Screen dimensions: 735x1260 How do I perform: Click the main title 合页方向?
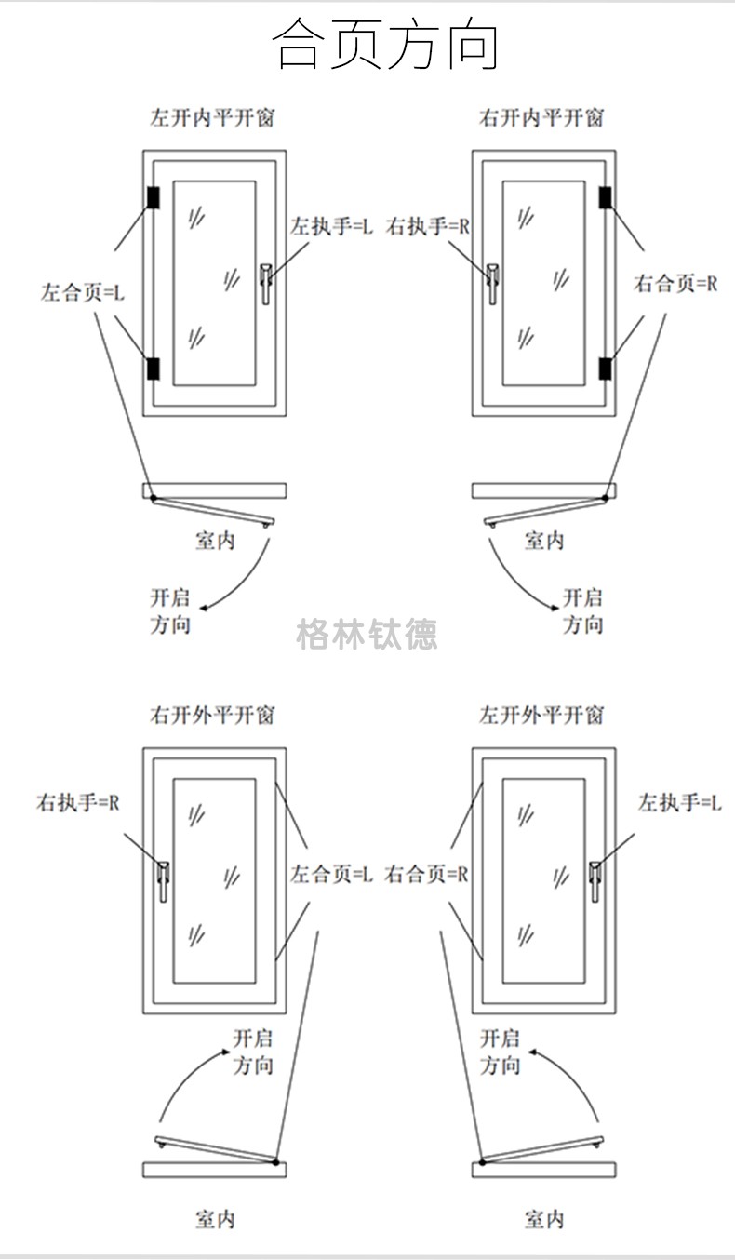[x=385, y=46]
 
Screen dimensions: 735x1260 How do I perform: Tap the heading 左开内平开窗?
[x=213, y=118]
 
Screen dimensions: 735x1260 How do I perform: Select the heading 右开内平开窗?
[x=541, y=118]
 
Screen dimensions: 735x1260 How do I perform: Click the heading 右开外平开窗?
[x=213, y=716]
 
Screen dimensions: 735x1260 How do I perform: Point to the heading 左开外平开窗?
[x=541, y=716]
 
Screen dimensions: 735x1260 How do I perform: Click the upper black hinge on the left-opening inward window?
[x=153, y=197]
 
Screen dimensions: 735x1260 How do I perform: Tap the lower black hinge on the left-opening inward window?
[x=153, y=369]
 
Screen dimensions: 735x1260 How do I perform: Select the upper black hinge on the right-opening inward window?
[x=605, y=197]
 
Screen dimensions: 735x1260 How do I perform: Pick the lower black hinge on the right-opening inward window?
[x=605, y=369]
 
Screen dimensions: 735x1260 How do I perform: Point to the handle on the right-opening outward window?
[x=164, y=880]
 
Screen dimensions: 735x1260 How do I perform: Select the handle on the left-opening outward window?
[x=595, y=880]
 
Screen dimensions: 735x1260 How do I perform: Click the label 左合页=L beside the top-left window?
[x=82, y=292]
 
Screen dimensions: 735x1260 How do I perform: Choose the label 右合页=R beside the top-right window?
[x=675, y=284]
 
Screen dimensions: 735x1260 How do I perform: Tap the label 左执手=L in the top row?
[x=330, y=226]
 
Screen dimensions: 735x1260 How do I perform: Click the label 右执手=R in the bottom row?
[x=78, y=802]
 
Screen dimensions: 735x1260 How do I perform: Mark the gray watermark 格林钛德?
[x=367, y=635]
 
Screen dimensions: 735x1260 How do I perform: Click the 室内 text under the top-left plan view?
[x=215, y=541]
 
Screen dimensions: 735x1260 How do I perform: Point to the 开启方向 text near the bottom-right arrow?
[x=501, y=1052]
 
